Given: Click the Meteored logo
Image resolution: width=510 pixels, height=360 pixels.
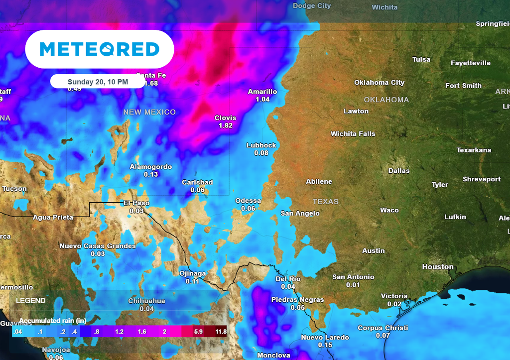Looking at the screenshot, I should point(100,49).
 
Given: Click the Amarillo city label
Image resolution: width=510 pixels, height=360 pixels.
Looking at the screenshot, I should point(262,92).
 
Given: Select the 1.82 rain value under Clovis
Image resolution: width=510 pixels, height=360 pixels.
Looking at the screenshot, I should point(225,125).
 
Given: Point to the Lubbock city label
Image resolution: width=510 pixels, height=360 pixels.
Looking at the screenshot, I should point(261,145).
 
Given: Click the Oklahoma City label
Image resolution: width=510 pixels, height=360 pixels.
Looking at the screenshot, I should point(379,83).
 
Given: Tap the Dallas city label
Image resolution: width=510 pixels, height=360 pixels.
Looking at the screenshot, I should point(399,171).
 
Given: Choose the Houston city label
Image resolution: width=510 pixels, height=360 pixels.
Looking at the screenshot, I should point(438,267).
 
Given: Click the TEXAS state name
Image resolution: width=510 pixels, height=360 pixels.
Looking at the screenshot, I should point(325,202).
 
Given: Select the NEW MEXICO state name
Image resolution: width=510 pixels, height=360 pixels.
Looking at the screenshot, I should point(149,112).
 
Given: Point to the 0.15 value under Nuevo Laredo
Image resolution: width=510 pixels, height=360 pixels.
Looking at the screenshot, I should point(325,345).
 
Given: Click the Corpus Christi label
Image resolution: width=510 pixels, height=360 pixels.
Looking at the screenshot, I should point(382,328).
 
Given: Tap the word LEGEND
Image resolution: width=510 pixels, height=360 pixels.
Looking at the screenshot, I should point(30,301).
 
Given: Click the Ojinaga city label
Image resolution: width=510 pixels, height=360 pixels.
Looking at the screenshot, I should point(192,273).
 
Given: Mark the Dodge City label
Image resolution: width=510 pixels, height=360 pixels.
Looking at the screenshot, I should point(312,6).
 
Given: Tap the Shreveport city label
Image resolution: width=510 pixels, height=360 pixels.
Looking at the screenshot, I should point(482,179).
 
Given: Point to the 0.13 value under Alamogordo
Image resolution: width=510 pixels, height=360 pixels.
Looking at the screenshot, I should point(151,174).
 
